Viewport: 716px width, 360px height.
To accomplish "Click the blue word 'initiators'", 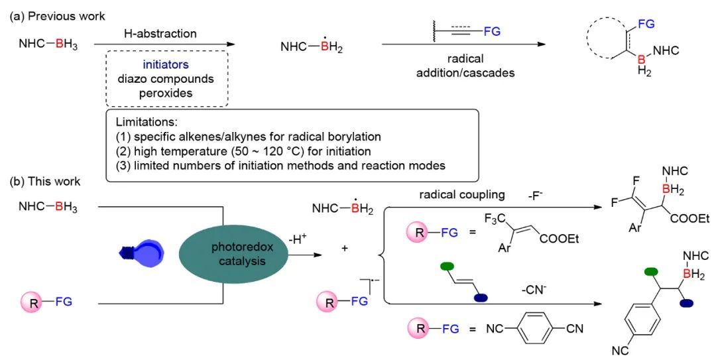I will [166, 64].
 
